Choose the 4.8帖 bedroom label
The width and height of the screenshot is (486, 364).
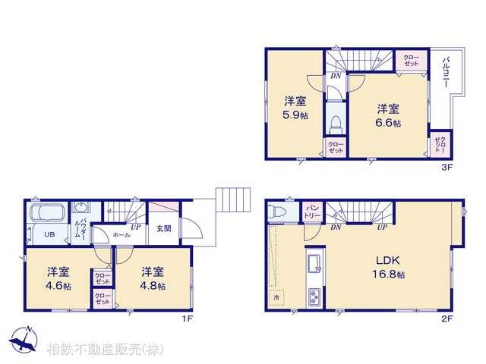point(153,278)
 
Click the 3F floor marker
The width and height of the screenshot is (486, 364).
point(449,168)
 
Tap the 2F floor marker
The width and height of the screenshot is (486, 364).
point(449,318)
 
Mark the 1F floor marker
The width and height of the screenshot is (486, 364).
point(186,318)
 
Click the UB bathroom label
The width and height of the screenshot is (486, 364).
point(48,234)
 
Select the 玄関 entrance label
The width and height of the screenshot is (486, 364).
point(163,228)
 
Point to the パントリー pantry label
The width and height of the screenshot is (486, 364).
point(312,210)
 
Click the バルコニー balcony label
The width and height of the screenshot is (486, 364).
point(447,73)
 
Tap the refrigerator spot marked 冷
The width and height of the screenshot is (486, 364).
point(276,297)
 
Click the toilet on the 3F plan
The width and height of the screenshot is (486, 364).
point(335,123)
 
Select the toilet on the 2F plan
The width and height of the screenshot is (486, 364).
point(279,212)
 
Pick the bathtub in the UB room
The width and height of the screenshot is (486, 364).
point(47,212)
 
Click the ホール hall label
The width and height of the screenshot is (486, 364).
point(121,236)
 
